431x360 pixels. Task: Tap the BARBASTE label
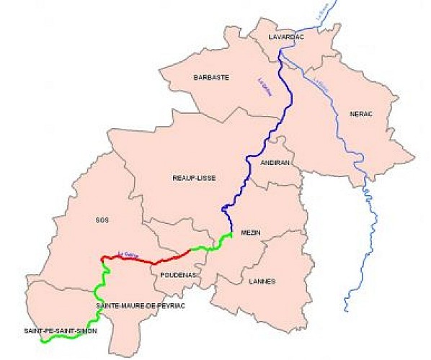coord(210,76)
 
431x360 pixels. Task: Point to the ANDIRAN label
coord(275,163)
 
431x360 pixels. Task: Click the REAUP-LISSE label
coord(194,178)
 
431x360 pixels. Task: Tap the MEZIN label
coord(250,232)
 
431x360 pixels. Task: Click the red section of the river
coord(144,259)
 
